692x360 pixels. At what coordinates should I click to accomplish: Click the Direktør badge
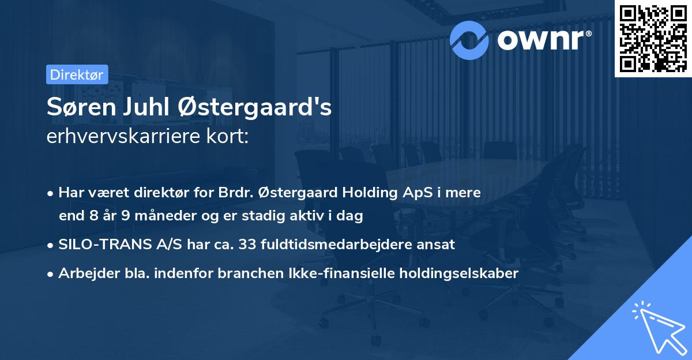coord(77,74)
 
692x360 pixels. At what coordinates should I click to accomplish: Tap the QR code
coord(652,38)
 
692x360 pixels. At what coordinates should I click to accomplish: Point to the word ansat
coord(438,245)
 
